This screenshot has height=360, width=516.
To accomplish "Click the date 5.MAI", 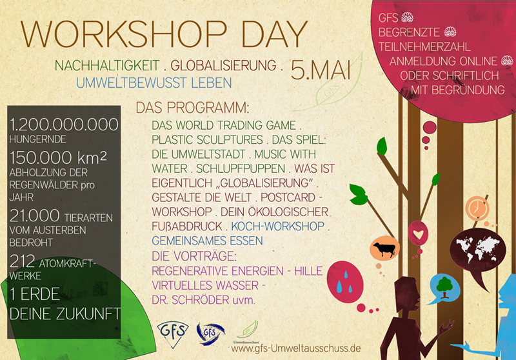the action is pos(321,70).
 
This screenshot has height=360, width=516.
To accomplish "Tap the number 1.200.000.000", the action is pos(64,125).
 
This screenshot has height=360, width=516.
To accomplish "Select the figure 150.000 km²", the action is pos(58,157).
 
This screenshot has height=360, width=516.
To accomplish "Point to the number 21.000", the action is pos(34,216).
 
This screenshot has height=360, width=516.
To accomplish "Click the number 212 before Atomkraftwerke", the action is pos(22,261).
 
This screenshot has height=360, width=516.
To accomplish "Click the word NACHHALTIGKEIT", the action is pos(107,66).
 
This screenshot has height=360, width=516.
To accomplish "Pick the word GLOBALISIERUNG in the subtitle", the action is pos(223,66).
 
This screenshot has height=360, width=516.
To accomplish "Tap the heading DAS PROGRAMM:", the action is pos(192,108).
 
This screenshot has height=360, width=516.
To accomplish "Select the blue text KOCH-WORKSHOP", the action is pos(278,226).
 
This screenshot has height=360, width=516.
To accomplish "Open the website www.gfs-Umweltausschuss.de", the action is pos(296,348).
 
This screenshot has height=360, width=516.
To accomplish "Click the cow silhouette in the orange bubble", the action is pos(384,249).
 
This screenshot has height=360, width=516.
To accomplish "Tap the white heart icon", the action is pos(418,234).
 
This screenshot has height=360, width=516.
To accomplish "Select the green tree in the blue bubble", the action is pos(444,287).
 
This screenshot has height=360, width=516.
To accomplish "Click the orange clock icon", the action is pos(477,208).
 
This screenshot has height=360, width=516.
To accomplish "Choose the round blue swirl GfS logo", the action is pos(210,334).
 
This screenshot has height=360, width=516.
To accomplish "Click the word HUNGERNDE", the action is pos(37,139).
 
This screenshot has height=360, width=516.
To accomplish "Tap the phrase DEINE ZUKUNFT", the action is pos(65,314).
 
